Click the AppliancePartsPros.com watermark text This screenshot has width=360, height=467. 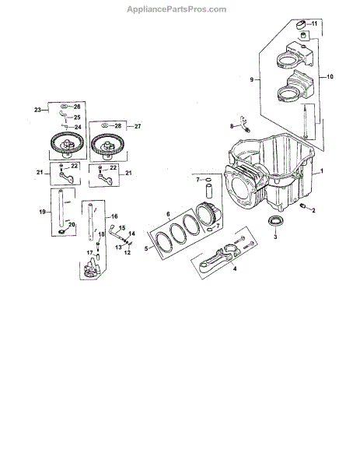pyautogui.click(x=177, y=9)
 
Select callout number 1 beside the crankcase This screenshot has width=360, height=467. pyautogui.click(x=321, y=171)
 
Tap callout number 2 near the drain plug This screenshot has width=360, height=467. pyautogui.click(x=313, y=210)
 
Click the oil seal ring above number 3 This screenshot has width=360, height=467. pyautogui.click(x=275, y=223)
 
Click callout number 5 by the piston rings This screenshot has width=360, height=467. pyautogui.click(x=146, y=248)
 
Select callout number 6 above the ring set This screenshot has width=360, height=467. pyautogui.click(x=168, y=214)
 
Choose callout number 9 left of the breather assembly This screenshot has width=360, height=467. pyautogui.click(x=252, y=79)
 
